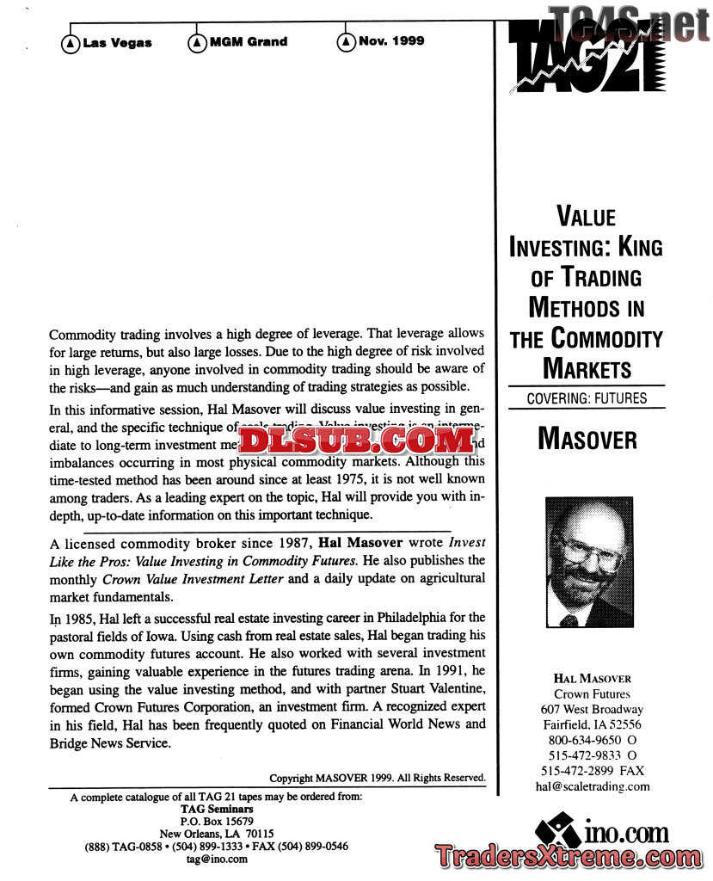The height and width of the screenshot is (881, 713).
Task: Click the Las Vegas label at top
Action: [117, 43]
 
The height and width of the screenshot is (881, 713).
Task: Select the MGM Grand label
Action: [248, 41]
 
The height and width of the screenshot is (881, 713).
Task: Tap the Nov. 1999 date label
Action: [390, 40]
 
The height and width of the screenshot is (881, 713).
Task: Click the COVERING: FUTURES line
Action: [587, 398]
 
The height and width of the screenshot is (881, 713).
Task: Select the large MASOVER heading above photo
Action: [587, 439]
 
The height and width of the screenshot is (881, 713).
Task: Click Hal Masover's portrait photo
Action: [589, 562]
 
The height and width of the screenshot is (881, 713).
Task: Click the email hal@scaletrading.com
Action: [592, 786]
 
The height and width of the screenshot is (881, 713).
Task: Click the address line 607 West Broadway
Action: [592, 709]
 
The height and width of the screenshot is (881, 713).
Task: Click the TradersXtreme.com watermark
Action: [568, 857]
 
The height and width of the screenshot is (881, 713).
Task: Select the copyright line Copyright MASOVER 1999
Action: [377, 778]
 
